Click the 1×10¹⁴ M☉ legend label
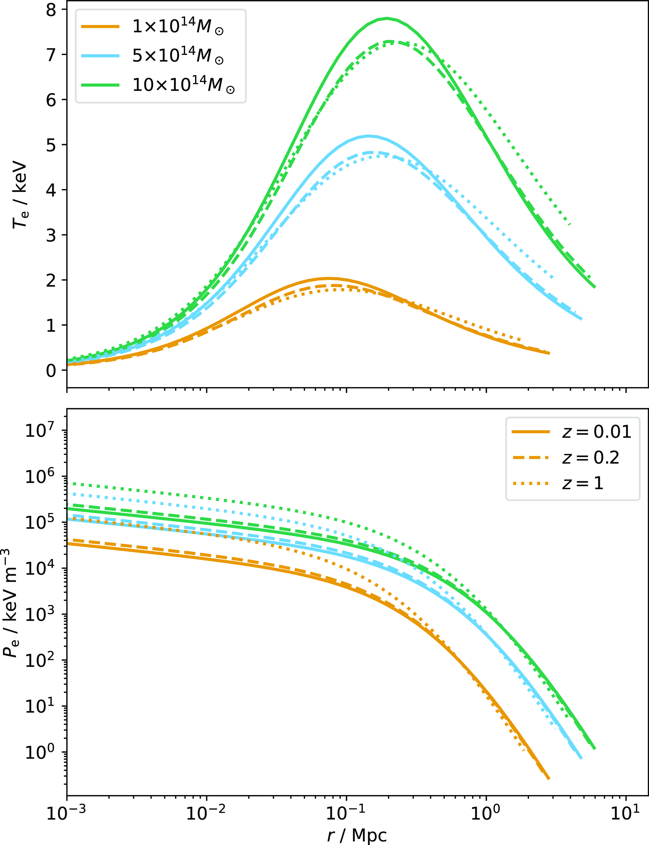tap(178, 27)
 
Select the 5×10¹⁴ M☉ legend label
tap(178, 56)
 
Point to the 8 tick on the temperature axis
tap(51, 10)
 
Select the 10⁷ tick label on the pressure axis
tap(44, 430)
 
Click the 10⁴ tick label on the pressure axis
tap(44, 568)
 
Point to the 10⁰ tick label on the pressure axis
tap(44, 752)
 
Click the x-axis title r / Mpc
tap(357, 835)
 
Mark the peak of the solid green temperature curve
tap(387, 18)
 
